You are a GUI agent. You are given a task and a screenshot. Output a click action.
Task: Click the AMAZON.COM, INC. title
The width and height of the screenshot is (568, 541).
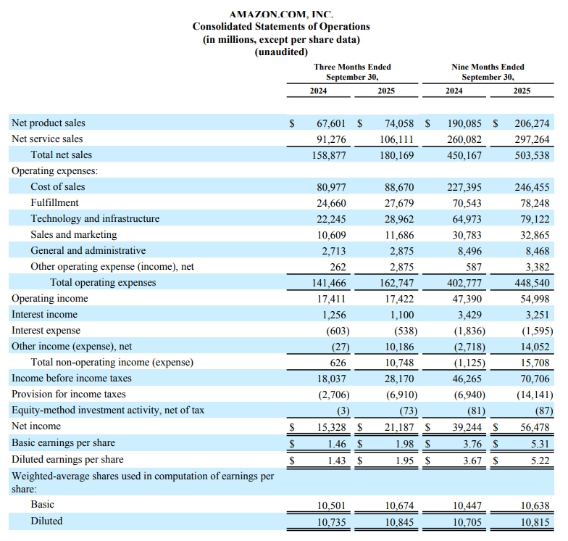pos(281,15)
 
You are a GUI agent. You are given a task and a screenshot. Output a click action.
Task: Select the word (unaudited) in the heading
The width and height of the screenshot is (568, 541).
pos(281,52)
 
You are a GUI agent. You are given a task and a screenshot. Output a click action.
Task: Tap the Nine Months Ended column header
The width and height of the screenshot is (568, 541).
pos(488,67)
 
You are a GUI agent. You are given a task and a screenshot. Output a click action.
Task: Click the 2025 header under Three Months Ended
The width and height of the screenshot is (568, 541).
pos(386,91)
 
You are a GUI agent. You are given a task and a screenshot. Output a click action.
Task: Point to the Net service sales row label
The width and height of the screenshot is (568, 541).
pos(47,139)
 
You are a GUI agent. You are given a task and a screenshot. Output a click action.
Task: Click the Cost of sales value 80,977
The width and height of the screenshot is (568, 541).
pos(332,186)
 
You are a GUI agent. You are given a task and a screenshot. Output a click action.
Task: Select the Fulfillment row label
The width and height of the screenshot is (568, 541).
pos(54,202)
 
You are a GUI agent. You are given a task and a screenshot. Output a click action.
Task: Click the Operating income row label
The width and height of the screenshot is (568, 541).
pos(49,298)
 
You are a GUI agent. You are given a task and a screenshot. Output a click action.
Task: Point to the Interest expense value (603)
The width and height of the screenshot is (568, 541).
pos(335,330)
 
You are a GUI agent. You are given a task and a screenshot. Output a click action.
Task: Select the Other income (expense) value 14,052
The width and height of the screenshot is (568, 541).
pos(532,346)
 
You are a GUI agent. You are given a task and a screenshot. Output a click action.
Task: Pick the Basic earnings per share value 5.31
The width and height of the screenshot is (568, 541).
pos(538,442)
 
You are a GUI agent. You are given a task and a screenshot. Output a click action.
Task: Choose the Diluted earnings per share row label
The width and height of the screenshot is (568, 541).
pos(67,459)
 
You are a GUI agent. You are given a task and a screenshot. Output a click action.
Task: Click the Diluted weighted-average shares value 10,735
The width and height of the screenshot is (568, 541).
pos(332,521)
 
